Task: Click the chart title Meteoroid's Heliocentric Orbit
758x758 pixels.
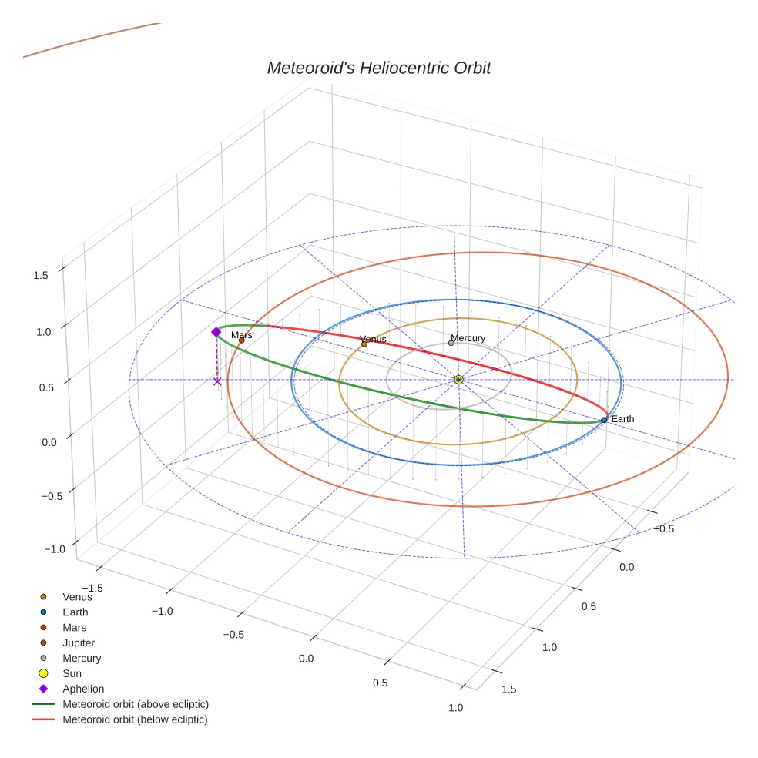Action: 378,68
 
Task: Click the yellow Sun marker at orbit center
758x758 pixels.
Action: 458,380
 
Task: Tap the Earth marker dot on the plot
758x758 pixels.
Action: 604,420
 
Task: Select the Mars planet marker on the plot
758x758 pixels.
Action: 241,340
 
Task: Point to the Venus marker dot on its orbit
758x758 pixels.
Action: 364,344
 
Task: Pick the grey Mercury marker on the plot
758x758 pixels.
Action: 451,343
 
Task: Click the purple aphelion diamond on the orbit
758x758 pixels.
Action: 216,332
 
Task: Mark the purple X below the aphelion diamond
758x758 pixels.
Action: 217,381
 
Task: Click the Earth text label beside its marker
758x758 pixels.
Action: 622,419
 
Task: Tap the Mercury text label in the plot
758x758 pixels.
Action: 468,338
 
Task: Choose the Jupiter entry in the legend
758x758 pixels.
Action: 79,642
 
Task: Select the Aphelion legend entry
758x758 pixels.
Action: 82,689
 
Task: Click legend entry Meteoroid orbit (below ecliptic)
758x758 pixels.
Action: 135,719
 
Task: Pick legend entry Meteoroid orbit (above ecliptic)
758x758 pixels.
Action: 135,704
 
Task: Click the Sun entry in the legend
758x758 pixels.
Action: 72,673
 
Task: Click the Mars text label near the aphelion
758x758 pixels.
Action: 241,335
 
